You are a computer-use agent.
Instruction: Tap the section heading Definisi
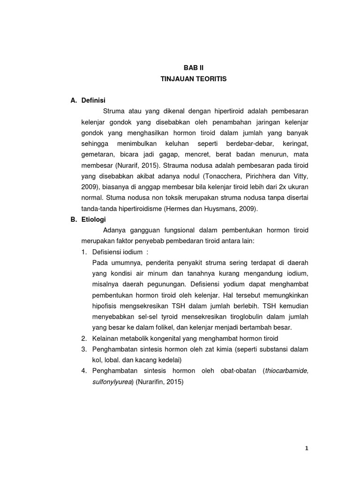pyautogui.click(x=93, y=100)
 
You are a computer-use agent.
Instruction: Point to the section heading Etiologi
pyautogui.click(x=93, y=219)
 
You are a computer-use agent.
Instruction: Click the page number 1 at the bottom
pyautogui.click(x=307, y=448)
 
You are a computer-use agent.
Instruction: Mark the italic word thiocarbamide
pyautogui.click(x=286, y=371)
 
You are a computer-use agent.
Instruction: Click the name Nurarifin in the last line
pyautogui.click(x=152, y=382)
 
